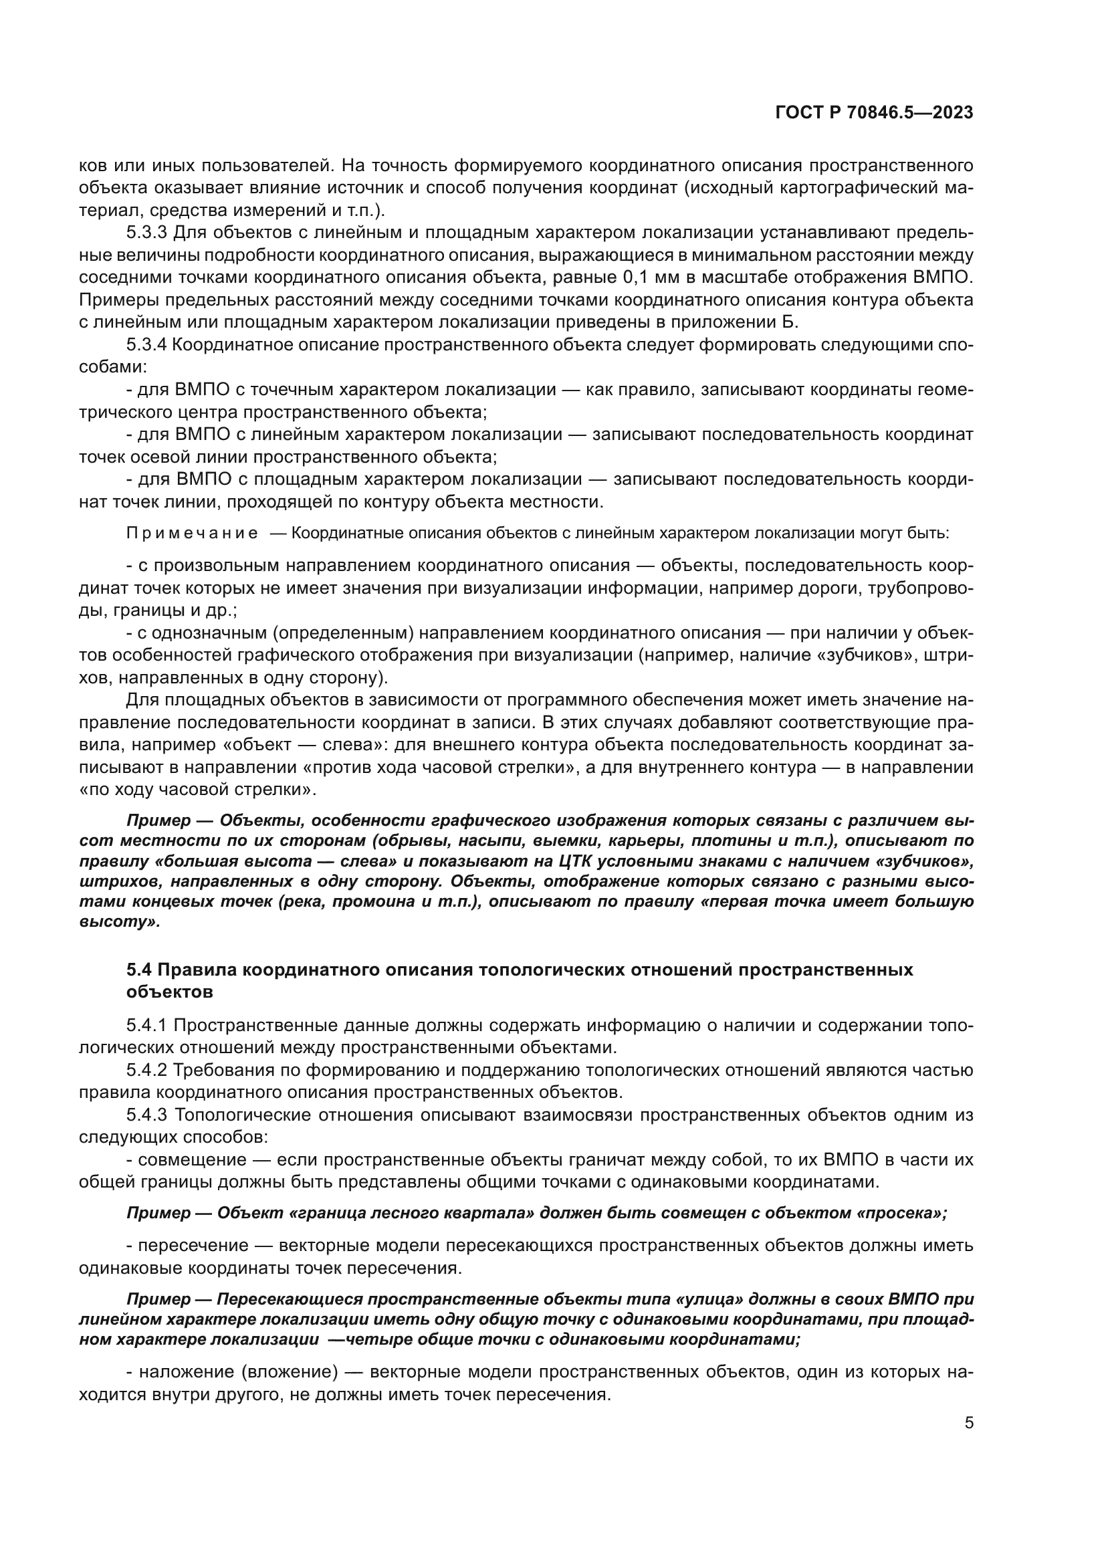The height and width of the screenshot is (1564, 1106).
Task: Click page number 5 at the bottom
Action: (x=968, y=1423)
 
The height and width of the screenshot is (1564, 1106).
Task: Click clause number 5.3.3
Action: (x=146, y=233)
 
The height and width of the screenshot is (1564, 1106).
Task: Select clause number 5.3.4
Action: (x=146, y=344)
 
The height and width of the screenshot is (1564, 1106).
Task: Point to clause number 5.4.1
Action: (x=146, y=1025)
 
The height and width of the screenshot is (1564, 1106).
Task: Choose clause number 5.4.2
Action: (x=146, y=1070)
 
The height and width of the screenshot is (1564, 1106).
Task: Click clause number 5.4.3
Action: (x=146, y=1115)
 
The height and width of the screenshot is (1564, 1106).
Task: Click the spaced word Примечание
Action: (x=192, y=534)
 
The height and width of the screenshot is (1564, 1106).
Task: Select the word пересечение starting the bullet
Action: (x=193, y=1246)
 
